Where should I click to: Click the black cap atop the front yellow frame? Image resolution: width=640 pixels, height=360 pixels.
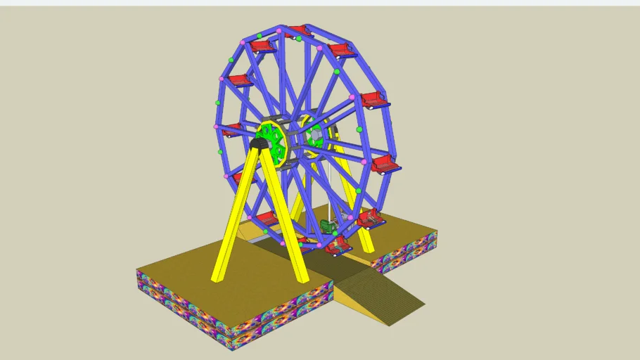pyautogui.click(x=259, y=143)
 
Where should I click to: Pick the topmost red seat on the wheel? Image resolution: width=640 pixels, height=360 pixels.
pyautogui.click(x=298, y=31)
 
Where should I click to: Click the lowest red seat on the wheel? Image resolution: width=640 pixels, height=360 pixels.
pyautogui.click(x=338, y=245)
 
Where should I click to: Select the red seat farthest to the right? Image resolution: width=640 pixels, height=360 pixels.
pyautogui.click(x=385, y=165)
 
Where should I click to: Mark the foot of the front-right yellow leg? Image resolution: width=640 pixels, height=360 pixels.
pyautogui.click(x=302, y=278)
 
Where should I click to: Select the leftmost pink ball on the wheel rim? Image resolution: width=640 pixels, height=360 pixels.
pyautogui.click(x=216, y=127)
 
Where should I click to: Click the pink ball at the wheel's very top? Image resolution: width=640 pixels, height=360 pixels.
pyautogui.click(x=279, y=30)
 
